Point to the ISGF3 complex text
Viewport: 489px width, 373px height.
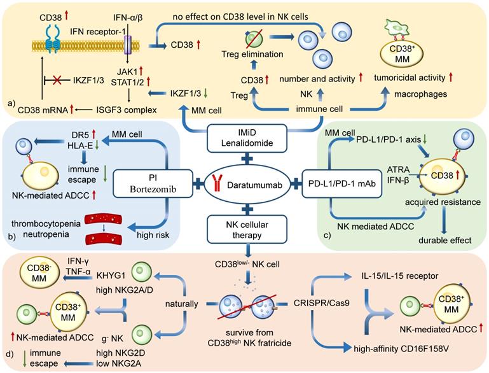tap(128, 109)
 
